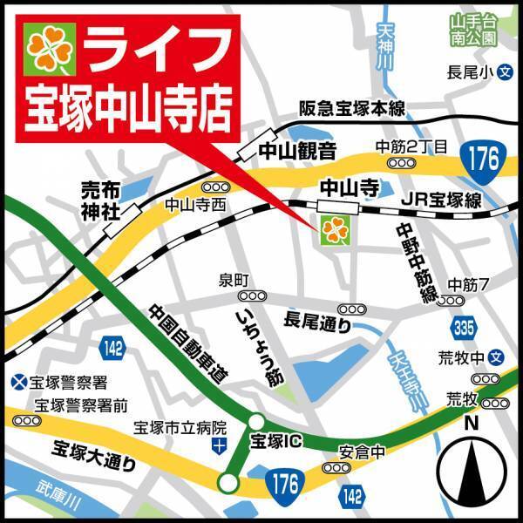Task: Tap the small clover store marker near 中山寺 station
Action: pos(332,229)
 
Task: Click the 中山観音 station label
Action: pos(296,151)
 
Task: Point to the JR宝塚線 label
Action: pos(442,200)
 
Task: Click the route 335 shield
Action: pos(465,327)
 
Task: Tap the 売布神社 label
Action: pos(103,200)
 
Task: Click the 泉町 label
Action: pos(234,281)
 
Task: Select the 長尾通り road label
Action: pos(317,323)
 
